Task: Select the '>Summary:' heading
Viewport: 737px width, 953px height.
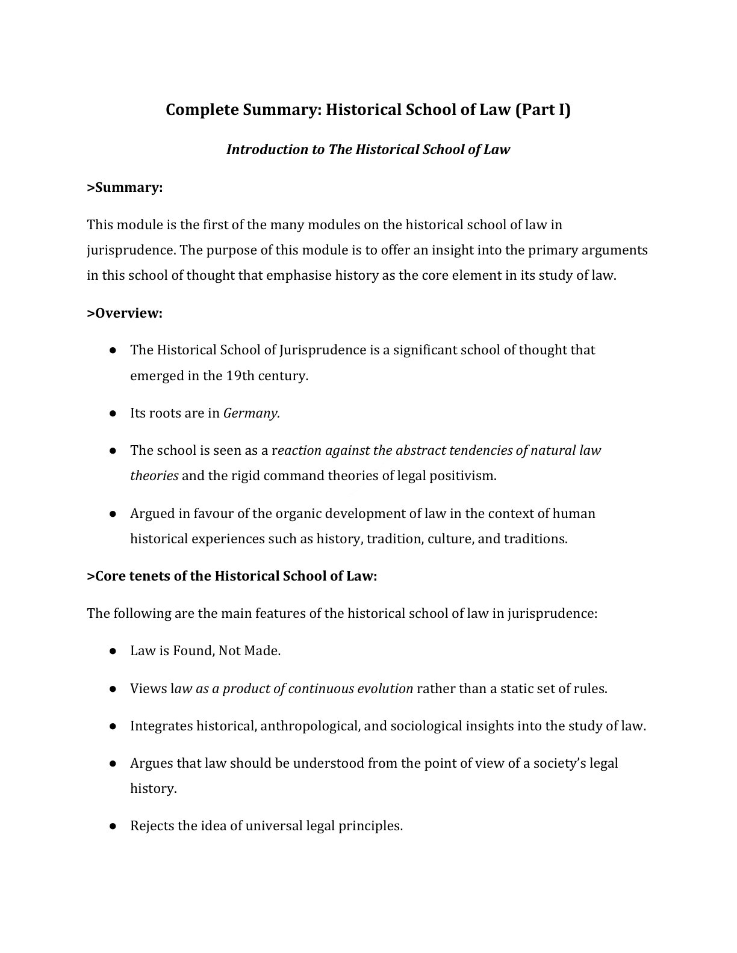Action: pos(125,188)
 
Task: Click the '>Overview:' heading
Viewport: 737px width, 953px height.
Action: pos(125,313)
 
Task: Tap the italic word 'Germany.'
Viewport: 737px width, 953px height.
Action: pos(252,413)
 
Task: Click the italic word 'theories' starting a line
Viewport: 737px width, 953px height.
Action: pos(154,476)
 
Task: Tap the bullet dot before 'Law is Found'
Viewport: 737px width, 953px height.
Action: pos(113,651)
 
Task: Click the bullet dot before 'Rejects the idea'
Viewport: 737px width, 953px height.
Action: pos(113,826)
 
